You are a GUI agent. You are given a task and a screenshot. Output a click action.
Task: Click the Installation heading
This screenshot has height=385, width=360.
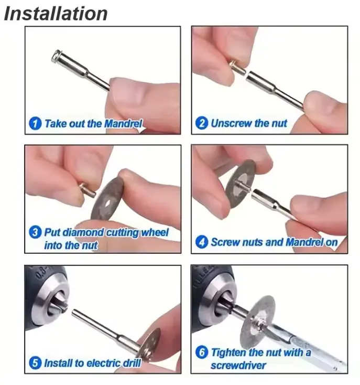point(56,14)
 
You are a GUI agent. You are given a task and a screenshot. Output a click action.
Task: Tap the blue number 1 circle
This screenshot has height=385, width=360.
point(35,123)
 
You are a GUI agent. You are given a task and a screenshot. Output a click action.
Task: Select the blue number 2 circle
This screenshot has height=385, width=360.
point(202,123)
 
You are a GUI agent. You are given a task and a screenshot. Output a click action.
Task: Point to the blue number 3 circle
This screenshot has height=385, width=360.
point(35,232)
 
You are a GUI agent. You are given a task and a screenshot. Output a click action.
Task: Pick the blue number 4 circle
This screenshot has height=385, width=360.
point(202,242)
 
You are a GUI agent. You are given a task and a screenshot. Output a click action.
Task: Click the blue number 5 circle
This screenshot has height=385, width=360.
point(35,363)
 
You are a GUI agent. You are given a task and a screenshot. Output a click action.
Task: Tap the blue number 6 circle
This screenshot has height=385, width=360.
point(202,352)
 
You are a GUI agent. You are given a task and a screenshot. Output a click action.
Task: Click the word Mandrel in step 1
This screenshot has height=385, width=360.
point(124,123)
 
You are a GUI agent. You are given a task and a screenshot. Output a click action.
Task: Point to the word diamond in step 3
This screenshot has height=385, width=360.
point(83,232)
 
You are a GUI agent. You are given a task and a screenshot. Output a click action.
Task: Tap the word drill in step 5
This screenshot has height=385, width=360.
point(131,363)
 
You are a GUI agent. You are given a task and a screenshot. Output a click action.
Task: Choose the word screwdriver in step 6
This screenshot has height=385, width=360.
point(238,366)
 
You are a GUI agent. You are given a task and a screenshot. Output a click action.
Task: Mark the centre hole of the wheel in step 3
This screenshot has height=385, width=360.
point(107,204)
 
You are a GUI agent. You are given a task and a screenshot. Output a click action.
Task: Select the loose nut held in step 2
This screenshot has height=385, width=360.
point(237,68)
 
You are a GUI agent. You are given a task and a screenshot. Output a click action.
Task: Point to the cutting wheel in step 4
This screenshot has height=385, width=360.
point(241,184)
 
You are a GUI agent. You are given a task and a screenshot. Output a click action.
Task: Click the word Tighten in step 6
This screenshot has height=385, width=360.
point(229,352)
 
